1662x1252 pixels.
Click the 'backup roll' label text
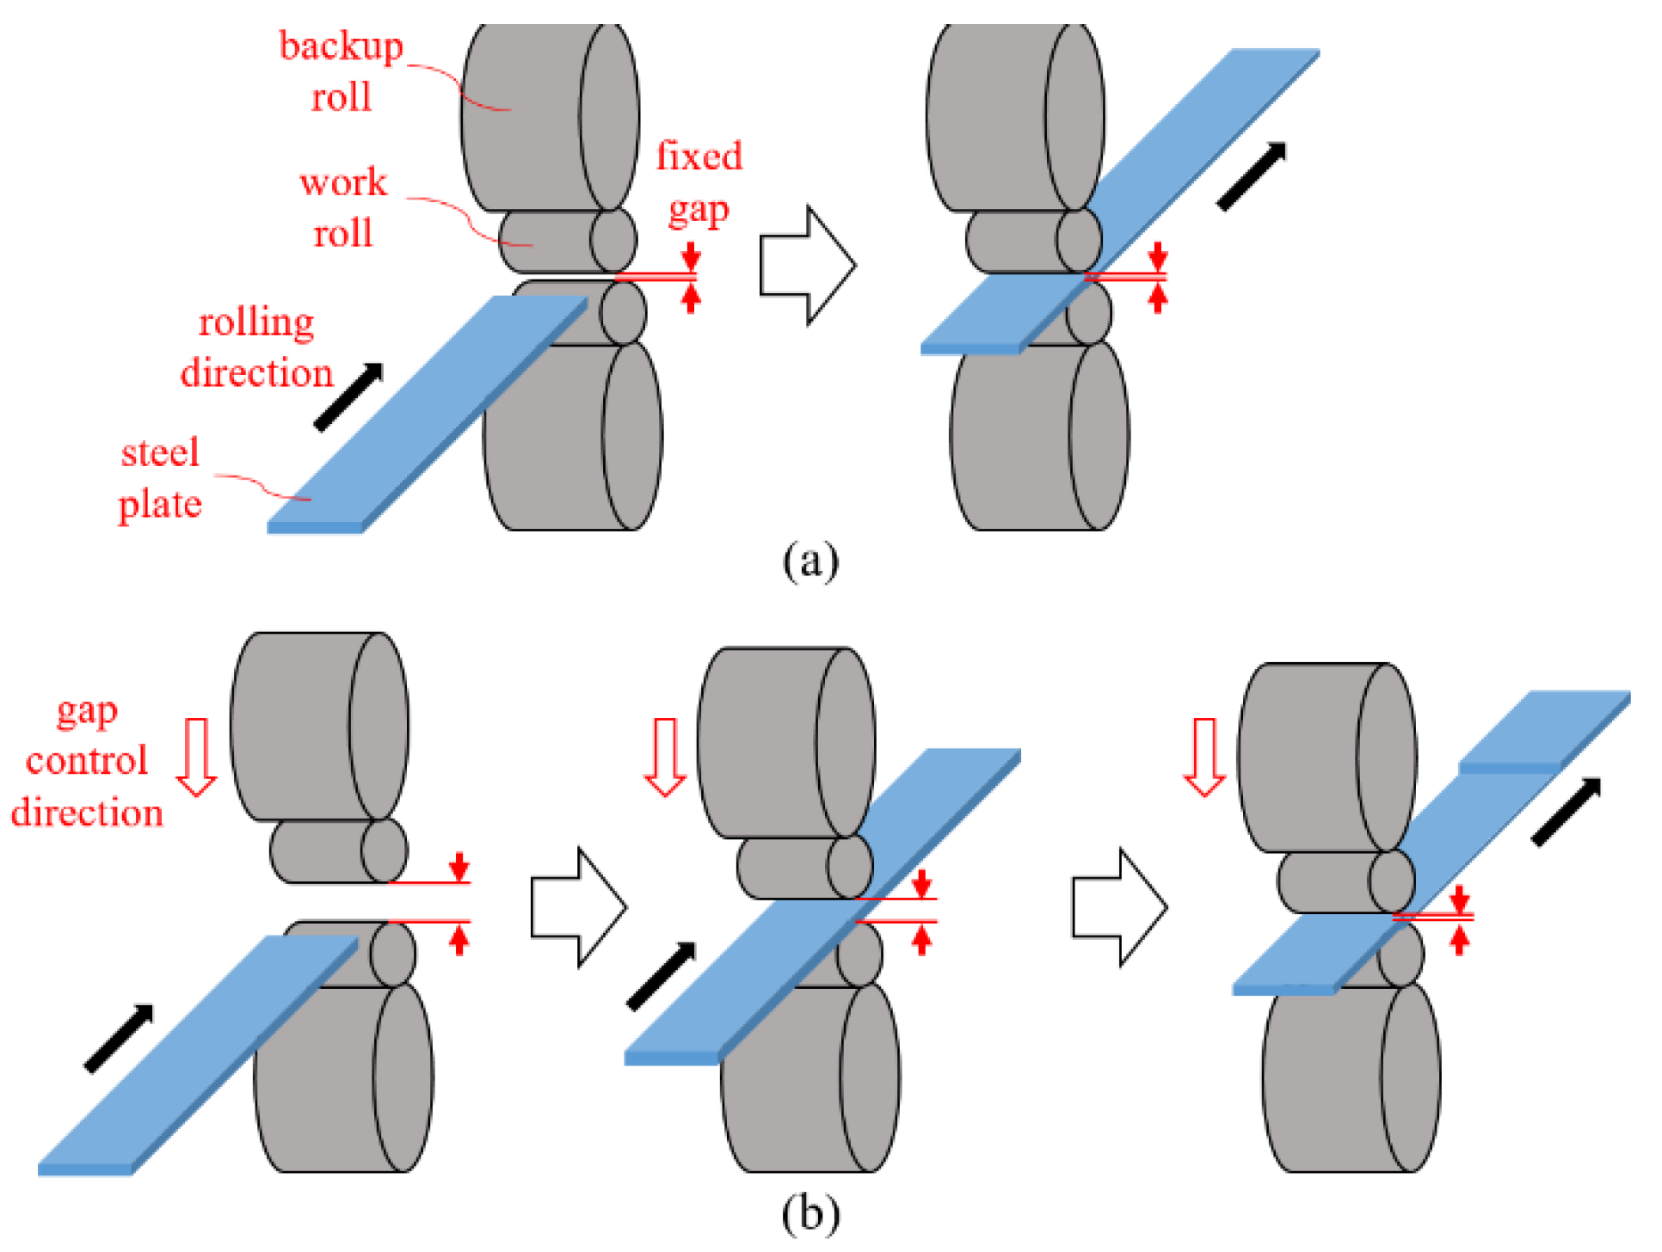[x=341, y=71]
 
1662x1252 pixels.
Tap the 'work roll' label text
[x=343, y=208]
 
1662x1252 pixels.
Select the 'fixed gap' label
[x=699, y=182]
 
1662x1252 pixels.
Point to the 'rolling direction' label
[x=256, y=347]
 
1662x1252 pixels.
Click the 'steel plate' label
[x=160, y=478]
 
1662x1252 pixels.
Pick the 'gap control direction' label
[x=86, y=762]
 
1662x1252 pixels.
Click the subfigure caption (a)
[x=809, y=562]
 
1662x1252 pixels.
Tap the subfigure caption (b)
[x=809, y=1213]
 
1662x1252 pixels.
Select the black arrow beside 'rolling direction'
[x=348, y=396]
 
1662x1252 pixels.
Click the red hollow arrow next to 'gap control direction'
[x=197, y=757]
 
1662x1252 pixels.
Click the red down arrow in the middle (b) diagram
[x=665, y=757]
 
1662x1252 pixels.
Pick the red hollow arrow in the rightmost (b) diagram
[x=1204, y=757]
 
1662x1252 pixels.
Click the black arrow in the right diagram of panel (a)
[x=1252, y=176]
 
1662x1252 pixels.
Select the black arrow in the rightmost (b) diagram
[x=1567, y=812]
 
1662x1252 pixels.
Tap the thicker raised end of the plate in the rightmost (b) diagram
[x=1540, y=731]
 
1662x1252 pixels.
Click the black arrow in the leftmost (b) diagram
[x=119, y=1039]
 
